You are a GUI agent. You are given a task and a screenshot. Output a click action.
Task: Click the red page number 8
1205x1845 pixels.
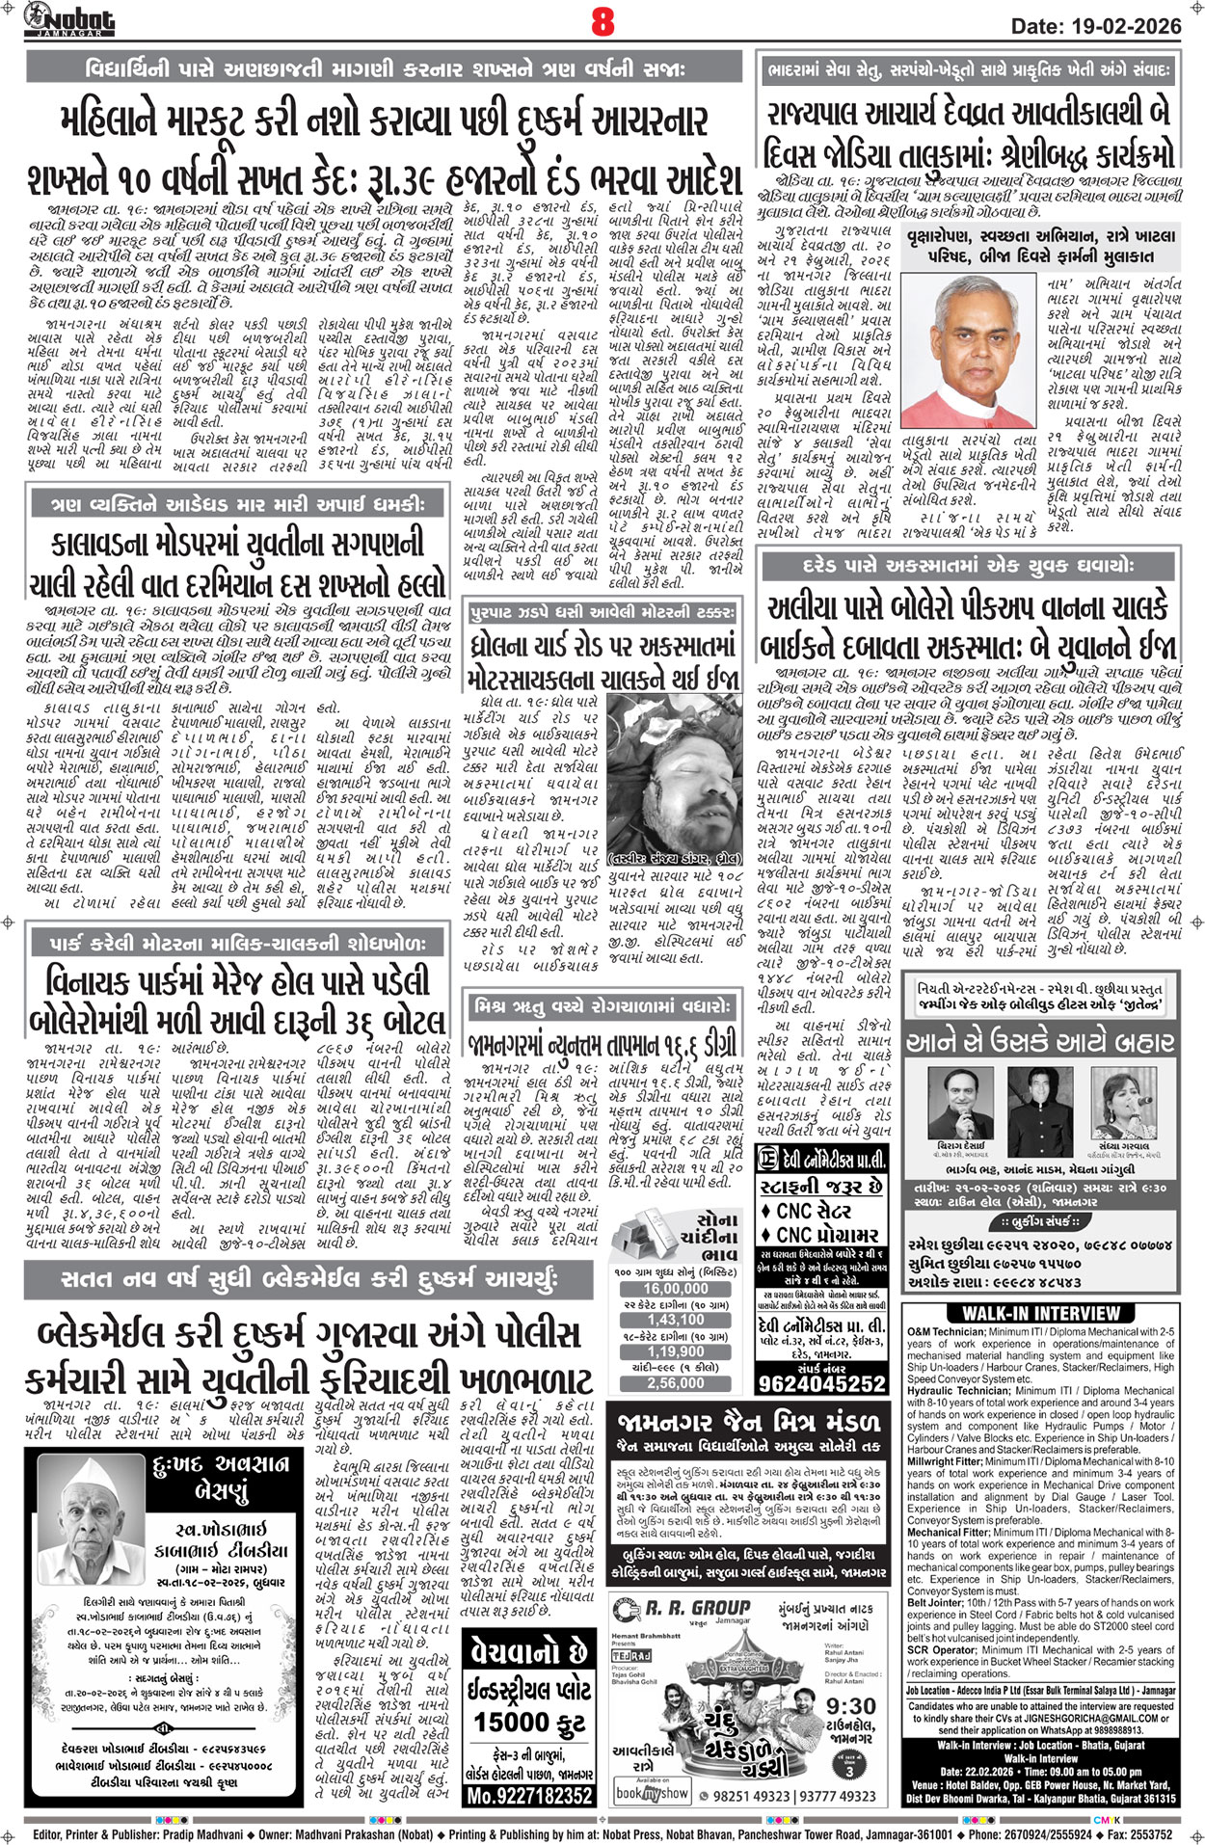click(x=602, y=21)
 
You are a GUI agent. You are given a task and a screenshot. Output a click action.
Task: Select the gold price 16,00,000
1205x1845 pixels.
click(x=676, y=1288)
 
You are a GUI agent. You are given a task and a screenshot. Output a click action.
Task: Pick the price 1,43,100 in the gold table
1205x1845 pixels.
click(x=676, y=1320)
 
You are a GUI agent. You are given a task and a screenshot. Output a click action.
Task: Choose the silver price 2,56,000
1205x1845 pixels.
click(x=676, y=1382)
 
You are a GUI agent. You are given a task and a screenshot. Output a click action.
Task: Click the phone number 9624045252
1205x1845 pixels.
click(x=821, y=1383)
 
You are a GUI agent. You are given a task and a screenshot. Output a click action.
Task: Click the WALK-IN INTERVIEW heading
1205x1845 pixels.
click(x=1041, y=1313)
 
